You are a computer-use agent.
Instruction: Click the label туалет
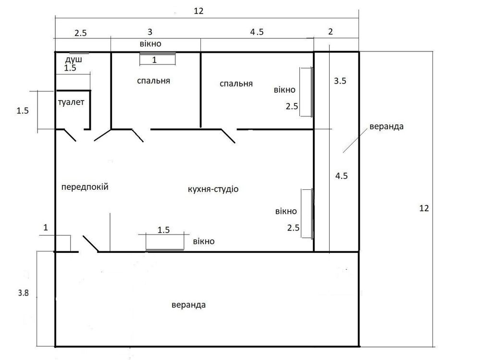[x=71, y=102]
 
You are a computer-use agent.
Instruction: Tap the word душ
[x=74, y=59]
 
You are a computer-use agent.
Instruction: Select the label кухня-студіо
[x=213, y=189]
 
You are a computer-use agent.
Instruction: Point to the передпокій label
[x=85, y=187]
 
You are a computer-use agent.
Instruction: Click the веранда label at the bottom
[x=188, y=305]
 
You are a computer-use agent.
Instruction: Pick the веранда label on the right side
[x=386, y=126]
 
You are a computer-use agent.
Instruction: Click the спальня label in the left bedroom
[x=153, y=81]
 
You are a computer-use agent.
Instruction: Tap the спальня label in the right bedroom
[x=236, y=84]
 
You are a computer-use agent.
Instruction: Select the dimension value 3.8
[x=23, y=293]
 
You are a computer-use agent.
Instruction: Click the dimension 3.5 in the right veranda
[x=340, y=81]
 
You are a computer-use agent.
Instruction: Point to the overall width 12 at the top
[x=198, y=11]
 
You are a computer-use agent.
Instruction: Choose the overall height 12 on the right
[x=424, y=208]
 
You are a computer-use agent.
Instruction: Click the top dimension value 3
[x=150, y=32]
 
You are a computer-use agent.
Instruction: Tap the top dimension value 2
[x=330, y=32]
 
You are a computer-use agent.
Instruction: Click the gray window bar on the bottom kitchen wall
[x=165, y=250]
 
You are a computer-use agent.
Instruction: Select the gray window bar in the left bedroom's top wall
[x=158, y=53]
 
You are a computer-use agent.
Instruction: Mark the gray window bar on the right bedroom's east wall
[x=312, y=92]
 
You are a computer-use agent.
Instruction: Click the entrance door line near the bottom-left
[x=91, y=244]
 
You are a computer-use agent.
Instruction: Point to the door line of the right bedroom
[x=228, y=136]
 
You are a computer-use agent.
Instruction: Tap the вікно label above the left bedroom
[x=150, y=44]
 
